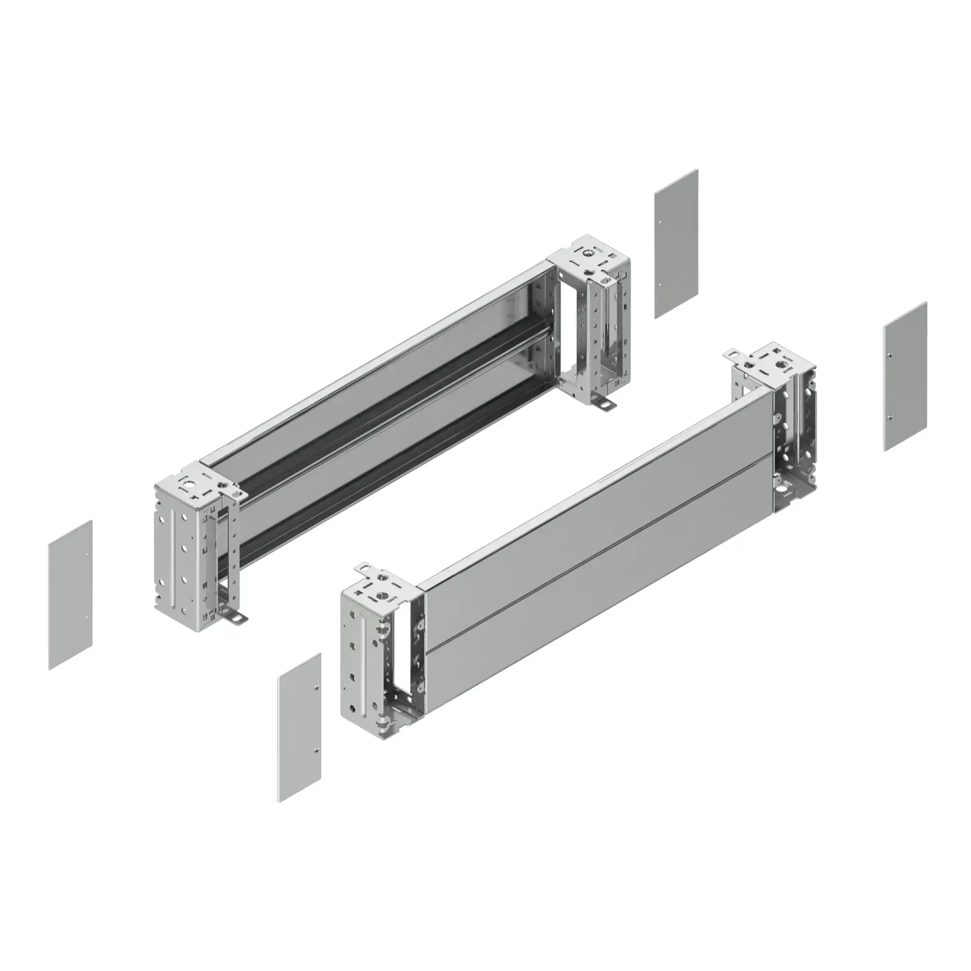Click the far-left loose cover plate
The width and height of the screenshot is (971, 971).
pyautogui.click(x=70, y=595)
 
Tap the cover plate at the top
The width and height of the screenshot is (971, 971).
pyautogui.click(x=676, y=244)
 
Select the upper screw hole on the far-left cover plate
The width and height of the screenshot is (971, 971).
pyautogui.click(x=88, y=555)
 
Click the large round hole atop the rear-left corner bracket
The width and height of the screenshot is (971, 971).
pyautogui.click(x=190, y=486)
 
